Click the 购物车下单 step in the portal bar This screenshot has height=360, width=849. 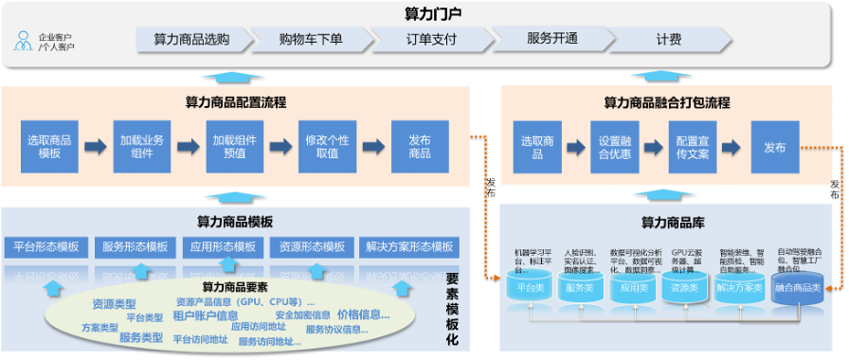[x=311, y=40]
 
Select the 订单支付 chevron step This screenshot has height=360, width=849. [x=431, y=40]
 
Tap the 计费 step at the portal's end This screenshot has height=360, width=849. [x=668, y=40]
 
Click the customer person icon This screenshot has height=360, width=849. [x=23, y=41]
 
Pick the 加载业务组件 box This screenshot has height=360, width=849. [x=142, y=146]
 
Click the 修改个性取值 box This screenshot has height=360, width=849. [x=327, y=146]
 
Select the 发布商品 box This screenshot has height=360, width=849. [x=419, y=146]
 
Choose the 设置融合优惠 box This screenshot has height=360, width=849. [x=615, y=146]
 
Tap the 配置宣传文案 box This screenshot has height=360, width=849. [x=694, y=146]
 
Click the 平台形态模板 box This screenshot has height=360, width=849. [x=46, y=247]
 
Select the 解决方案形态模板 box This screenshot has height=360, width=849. [x=409, y=247]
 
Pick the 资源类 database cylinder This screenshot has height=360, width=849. [x=684, y=285]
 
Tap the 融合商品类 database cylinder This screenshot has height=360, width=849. [x=797, y=285]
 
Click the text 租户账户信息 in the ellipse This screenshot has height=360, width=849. [x=205, y=315]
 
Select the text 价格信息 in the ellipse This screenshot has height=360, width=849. [x=363, y=315]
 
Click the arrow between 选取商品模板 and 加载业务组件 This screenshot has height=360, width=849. [x=95, y=147]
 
